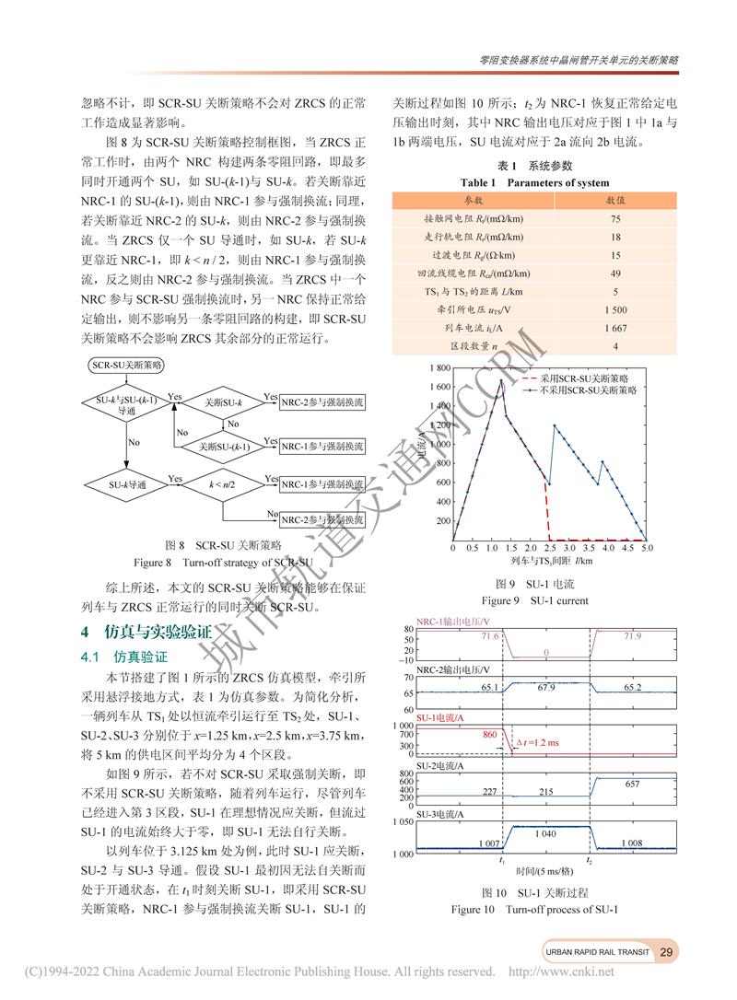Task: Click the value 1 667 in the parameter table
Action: [x=615, y=328]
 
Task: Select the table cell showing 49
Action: [x=615, y=273]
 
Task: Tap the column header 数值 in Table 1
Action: [x=615, y=200]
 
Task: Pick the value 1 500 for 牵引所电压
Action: [x=615, y=309]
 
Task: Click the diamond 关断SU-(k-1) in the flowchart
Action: [x=226, y=446]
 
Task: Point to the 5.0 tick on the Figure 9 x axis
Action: [x=647, y=548]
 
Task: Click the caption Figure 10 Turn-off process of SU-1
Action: [x=534, y=910]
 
